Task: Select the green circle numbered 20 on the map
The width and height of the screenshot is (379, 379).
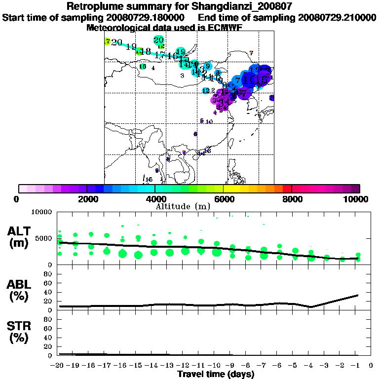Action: (x=158, y=40)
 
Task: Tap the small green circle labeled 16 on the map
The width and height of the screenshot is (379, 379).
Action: (x=143, y=67)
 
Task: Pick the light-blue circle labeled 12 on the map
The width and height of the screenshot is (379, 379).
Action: (x=206, y=91)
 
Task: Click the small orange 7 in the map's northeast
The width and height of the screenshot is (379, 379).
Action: (x=251, y=53)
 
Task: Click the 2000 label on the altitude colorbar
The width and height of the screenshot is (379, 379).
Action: (x=87, y=199)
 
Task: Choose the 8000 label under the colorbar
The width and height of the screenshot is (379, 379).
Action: (x=292, y=199)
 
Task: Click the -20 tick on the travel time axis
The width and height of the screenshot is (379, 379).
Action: (x=58, y=366)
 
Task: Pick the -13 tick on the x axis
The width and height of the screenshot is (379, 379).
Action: (x=169, y=366)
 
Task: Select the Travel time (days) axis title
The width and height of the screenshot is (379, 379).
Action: (x=216, y=374)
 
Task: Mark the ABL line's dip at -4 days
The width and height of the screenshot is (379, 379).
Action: (x=310, y=306)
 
